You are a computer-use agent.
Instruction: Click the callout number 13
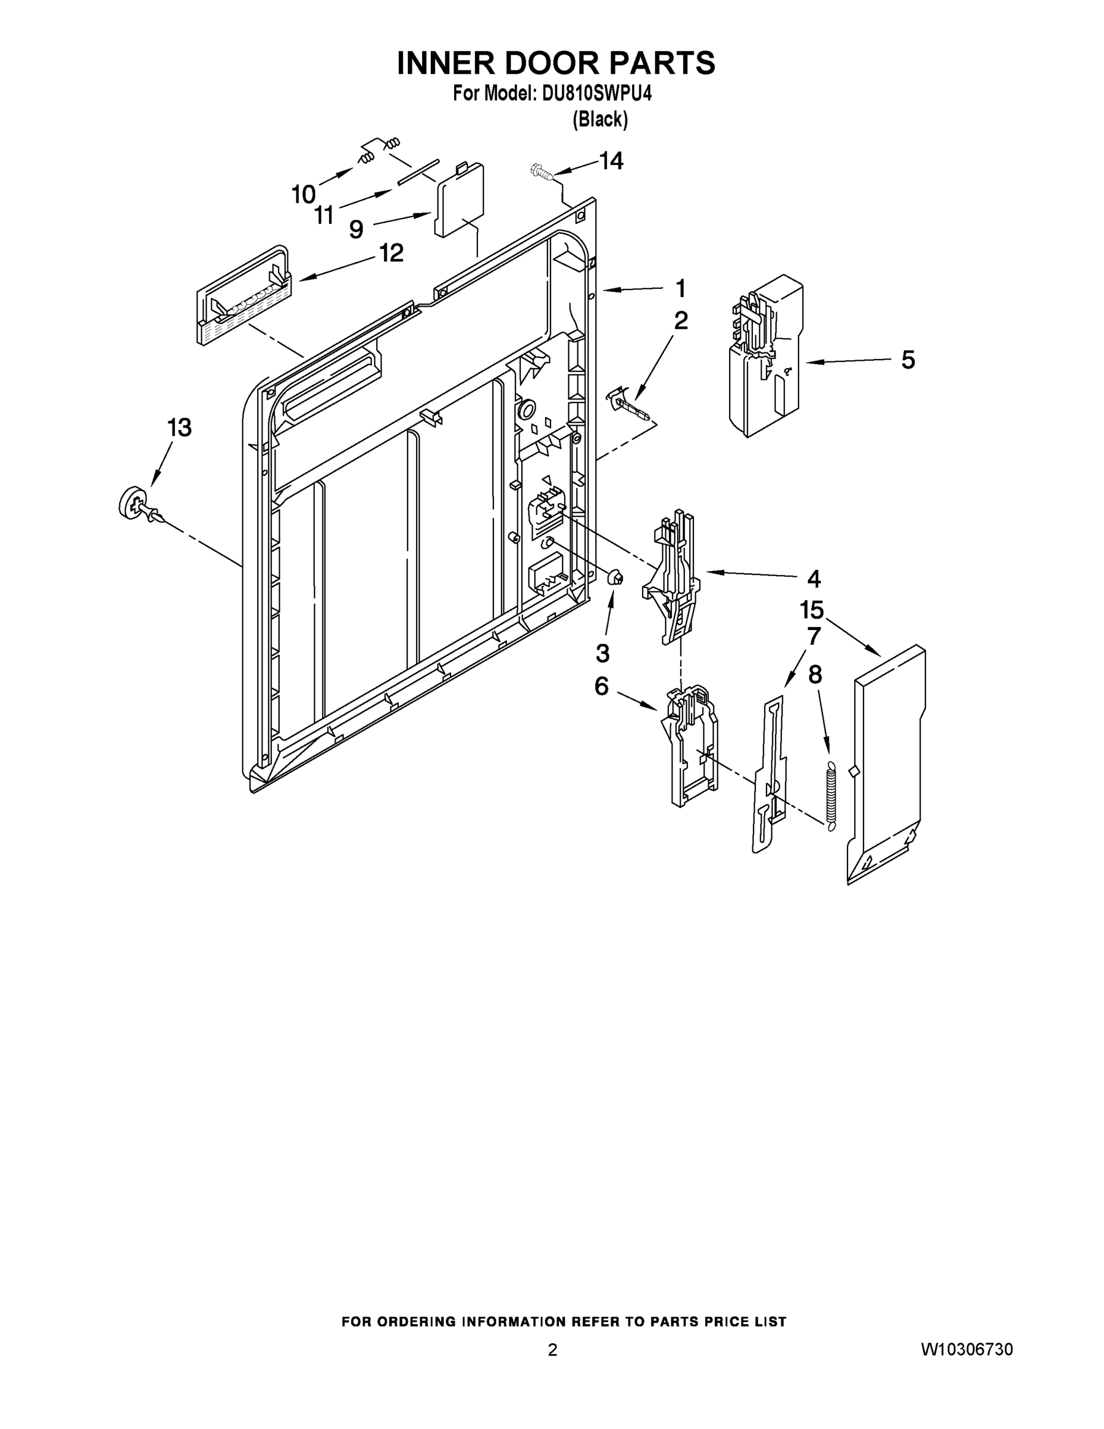pos(179,428)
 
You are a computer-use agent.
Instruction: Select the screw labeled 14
pos(540,171)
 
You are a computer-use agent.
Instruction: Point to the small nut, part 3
pos(615,578)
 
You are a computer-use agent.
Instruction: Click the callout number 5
pos(908,360)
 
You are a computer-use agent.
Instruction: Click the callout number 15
pos(811,610)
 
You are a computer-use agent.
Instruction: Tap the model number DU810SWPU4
pos(596,94)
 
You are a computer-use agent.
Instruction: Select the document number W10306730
pos(967,1349)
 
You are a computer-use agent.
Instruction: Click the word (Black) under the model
pos(600,119)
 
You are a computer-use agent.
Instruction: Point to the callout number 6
pos(601,687)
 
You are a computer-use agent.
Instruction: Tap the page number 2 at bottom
pos(552,1350)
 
